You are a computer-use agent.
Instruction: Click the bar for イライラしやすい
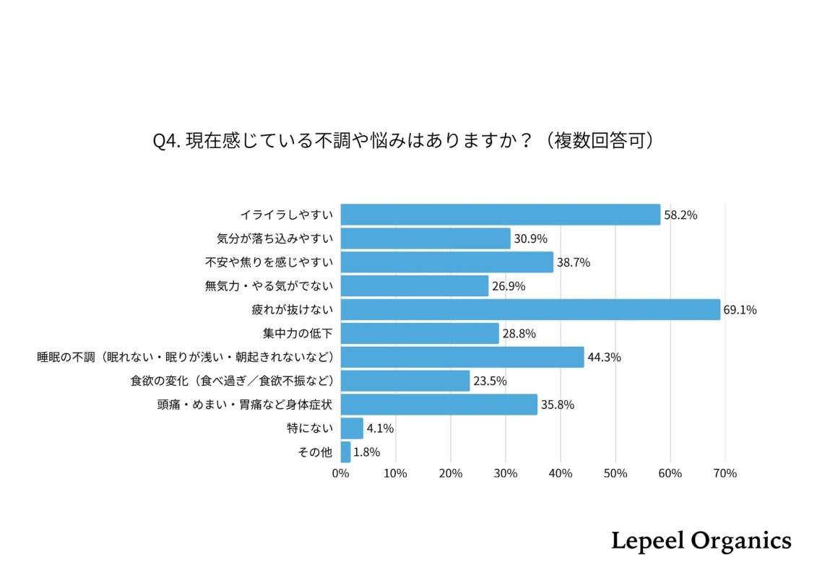500,215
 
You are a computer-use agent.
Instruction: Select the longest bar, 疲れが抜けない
530,309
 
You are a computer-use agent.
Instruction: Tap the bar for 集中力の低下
420,333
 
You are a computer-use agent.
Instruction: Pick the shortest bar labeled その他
345,452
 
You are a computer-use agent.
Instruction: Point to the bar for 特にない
352,428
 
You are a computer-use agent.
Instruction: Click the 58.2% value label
680,215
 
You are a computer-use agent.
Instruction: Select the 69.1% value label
740,310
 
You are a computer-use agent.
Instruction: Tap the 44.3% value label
604,357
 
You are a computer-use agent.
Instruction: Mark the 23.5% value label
490,381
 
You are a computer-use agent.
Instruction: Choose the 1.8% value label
366,452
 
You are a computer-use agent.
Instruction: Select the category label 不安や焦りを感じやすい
269,262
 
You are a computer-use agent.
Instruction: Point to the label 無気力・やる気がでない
269,286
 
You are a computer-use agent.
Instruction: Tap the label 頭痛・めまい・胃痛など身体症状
245,405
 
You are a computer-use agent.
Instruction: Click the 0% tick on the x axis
340,473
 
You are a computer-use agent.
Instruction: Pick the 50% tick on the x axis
615,473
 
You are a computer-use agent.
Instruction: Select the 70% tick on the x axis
725,473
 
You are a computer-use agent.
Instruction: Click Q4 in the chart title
165,140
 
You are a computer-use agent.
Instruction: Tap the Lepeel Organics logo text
701,540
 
